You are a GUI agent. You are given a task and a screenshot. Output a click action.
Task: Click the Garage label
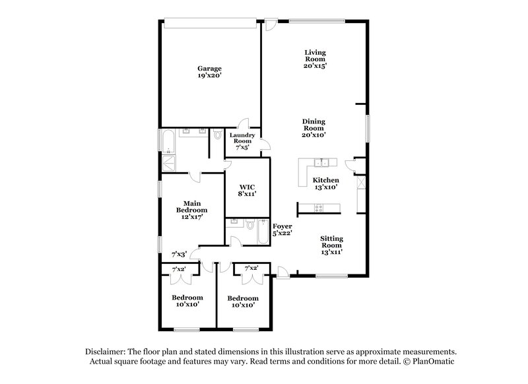pyautogui.click(x=209, y=72)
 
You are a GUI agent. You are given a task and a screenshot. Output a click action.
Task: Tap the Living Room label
pyautogui.click(x=315, y=59)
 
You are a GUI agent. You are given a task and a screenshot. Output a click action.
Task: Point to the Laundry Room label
pyautogui.click(x=241, y=141)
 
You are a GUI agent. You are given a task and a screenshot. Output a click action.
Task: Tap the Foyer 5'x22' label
pyautogui.click(x=282, y=229)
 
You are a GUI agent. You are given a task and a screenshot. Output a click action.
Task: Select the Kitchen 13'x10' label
pyautogui.click(x=325, y=183)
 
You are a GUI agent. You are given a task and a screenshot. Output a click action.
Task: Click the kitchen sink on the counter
pyautogui.click(x=321, y=163)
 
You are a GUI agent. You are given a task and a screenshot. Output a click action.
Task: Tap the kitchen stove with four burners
pyautogui.click(x=318, y=209)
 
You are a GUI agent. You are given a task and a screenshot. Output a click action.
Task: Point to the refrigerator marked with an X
pyautogui.click(x=360, y=183)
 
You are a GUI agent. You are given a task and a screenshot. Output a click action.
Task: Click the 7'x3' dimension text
pyautogui.click(x=180, y=254)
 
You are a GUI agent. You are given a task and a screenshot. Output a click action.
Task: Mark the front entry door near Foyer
pyautogui.click(x=282, y=271)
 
